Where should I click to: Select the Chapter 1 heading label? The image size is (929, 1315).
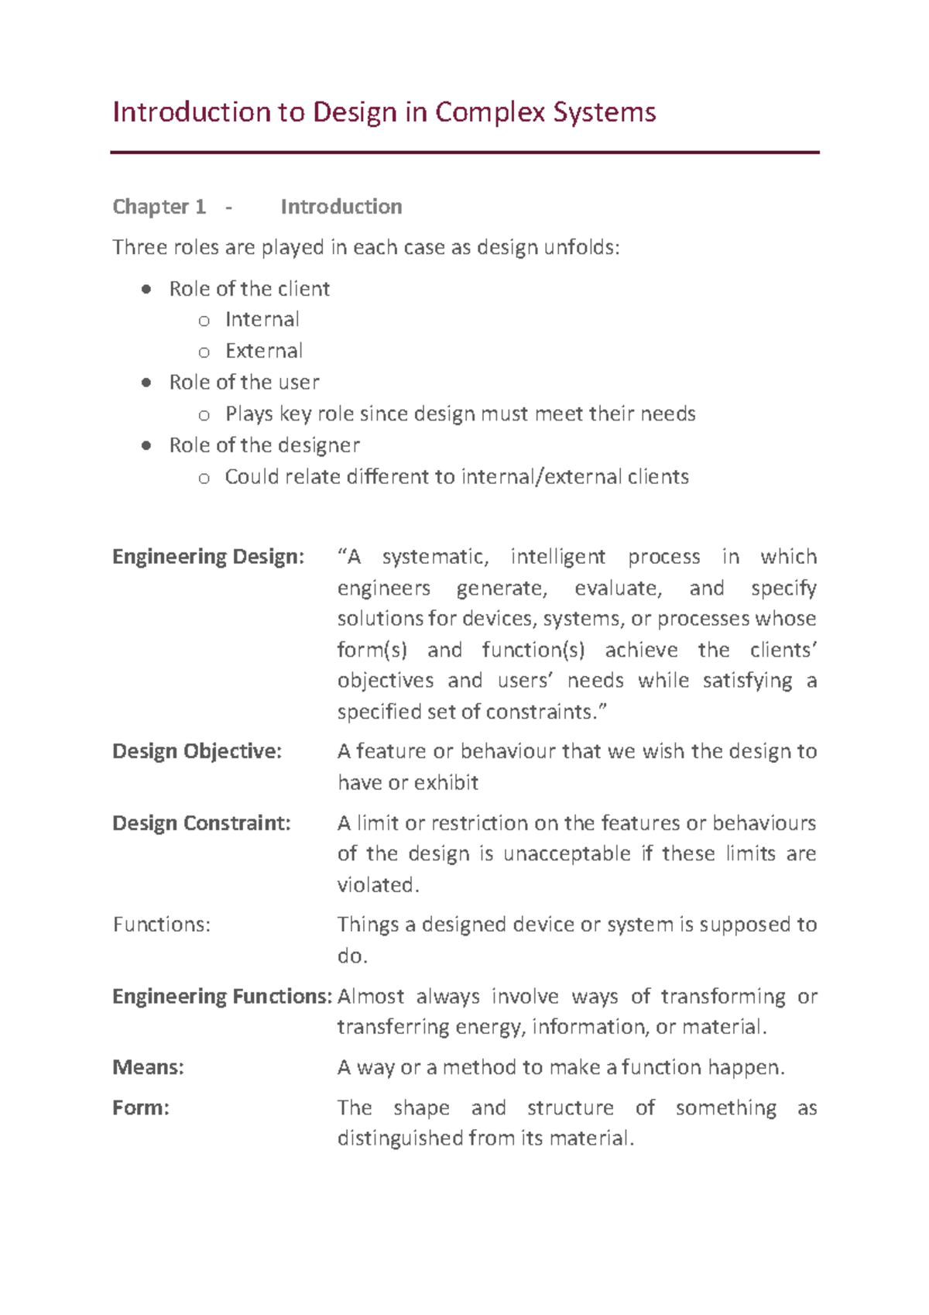(159, 207)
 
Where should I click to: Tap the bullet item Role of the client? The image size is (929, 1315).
(249, 289)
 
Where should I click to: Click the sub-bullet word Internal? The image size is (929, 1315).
(262, 320)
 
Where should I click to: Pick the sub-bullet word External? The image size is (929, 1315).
(263, 351)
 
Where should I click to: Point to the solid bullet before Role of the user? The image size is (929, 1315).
(146, 383)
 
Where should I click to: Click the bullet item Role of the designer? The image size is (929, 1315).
(264, 445)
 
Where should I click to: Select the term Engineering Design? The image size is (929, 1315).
(208, 557)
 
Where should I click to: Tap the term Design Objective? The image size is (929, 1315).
(197, 751)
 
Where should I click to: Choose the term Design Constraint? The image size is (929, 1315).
(201, 822)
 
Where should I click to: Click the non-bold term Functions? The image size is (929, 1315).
(161, 925)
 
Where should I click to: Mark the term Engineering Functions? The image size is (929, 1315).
(222, 996)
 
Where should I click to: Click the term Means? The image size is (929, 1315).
(148, 1067)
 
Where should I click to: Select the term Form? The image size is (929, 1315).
(140, 1107)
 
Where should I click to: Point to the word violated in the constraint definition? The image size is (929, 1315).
(377, 884)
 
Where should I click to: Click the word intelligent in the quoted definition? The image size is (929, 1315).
(557, 557)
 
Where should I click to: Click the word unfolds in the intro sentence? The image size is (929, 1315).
(581, 248)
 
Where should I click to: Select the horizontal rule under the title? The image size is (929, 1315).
(464, 153)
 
